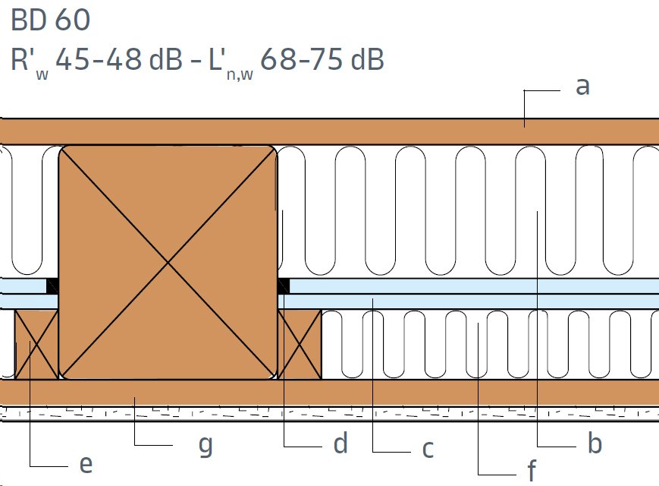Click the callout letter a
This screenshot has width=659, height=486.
[x=582, y=87]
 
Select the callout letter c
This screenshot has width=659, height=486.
[x=428, y=449]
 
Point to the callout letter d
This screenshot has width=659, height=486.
[x=340, y=443]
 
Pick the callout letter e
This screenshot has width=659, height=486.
[x=86, y=464]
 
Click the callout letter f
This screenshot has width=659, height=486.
[x=532, y=470]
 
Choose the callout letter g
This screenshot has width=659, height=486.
[x=206, y=446]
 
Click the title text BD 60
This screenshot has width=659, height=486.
[x=51, y=20]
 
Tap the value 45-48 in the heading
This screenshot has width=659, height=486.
[x=99, y=59]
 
